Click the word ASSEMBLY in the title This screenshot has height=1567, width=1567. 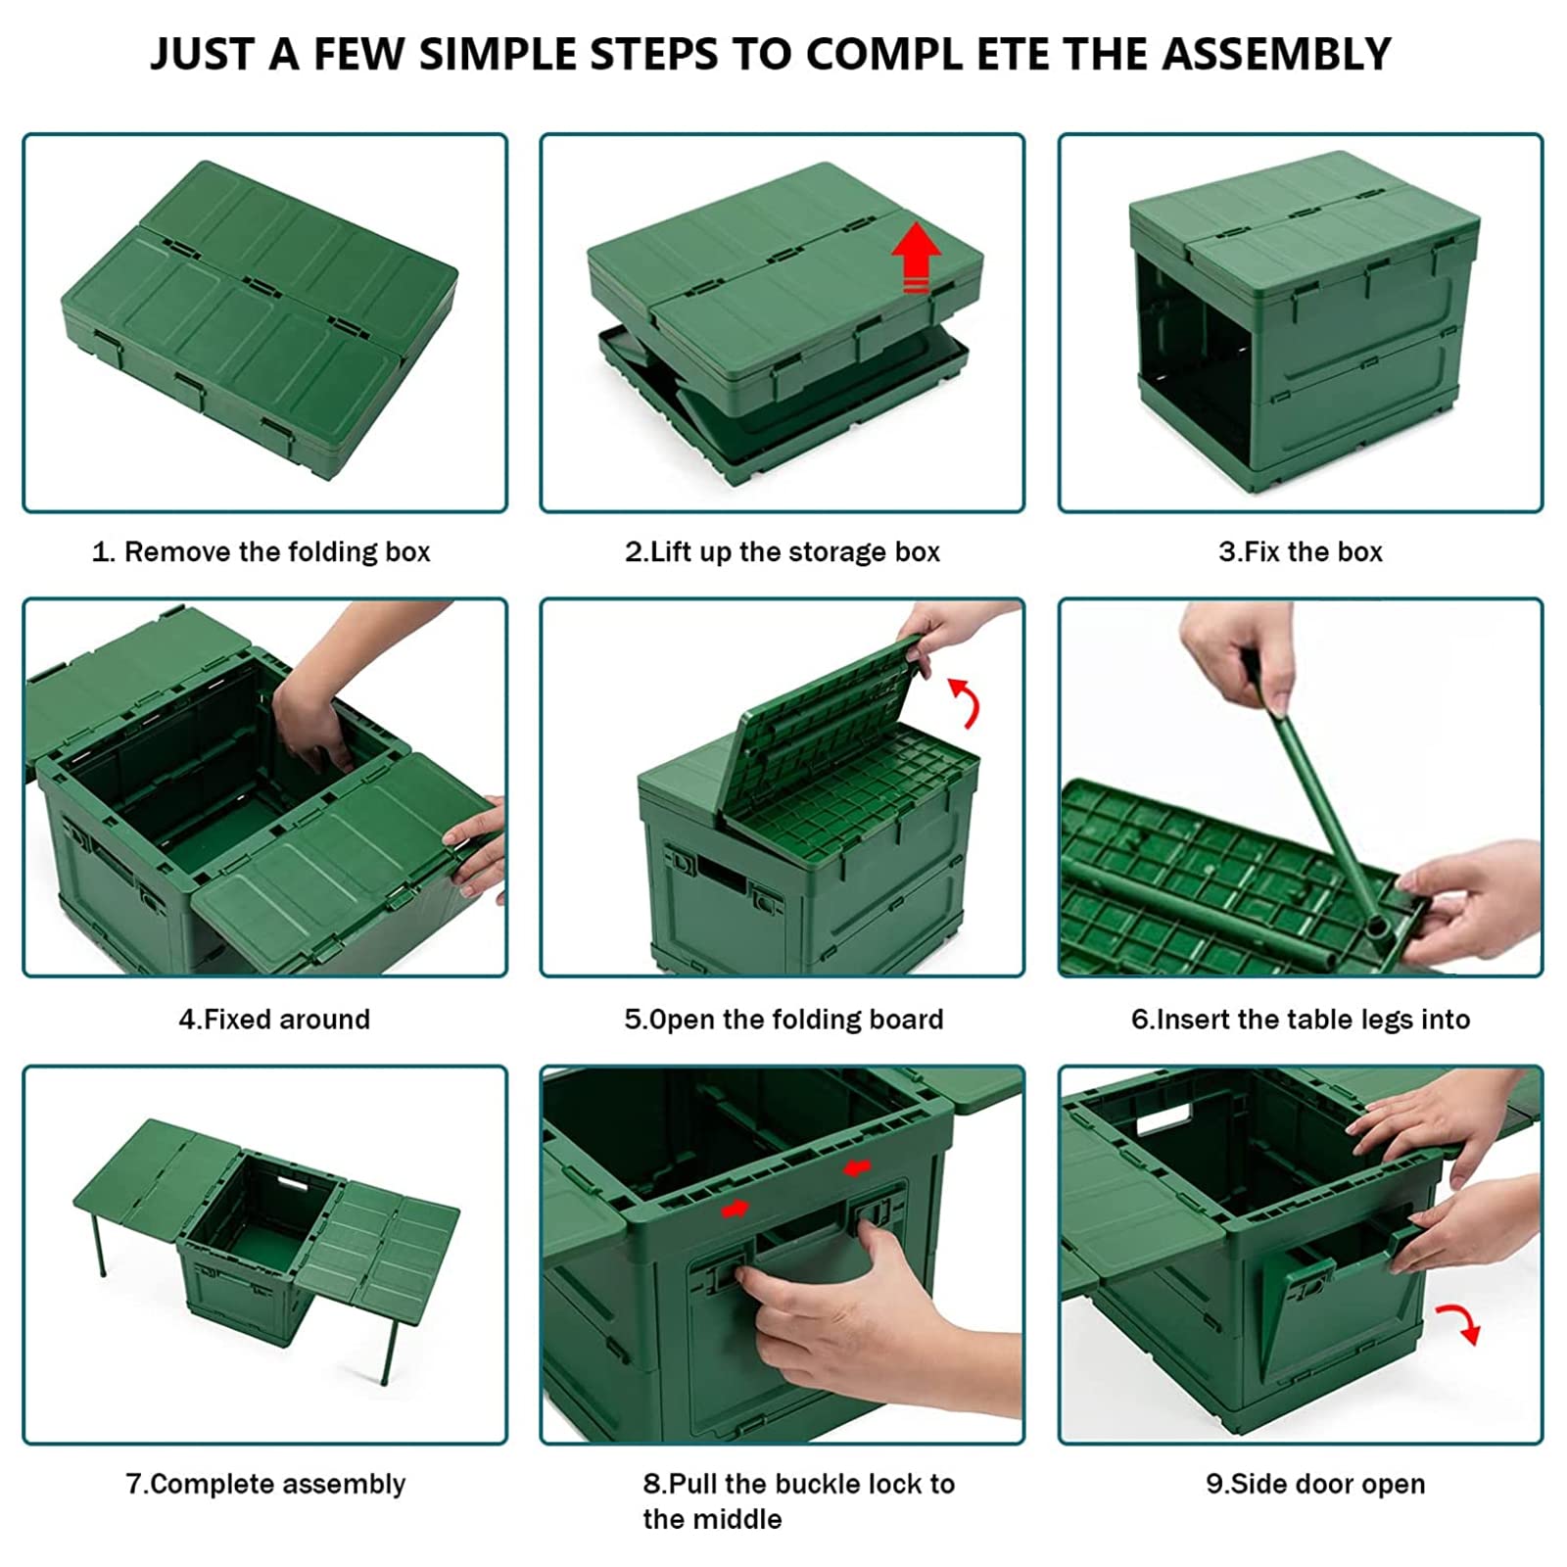pyautogui.click(x=1276, y=54)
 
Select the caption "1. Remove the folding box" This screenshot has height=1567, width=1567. pyautogui.click(x=261, y=552)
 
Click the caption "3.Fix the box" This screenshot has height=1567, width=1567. pyautogui.click(x=1301, y=552)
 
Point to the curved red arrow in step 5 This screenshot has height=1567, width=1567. pyautogui.click(x=967, y=702)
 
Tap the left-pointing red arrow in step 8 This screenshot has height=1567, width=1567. pyautogui.click(x=858, y=1168)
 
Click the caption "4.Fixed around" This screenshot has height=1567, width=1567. pyautogui.click(x=274, y=1020)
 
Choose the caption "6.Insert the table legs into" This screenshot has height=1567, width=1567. pyautogui.click(x=1301, y=1020)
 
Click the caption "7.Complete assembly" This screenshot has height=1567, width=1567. pyautogui.click(x=265, y=1484)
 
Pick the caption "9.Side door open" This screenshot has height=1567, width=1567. pyautogui.click(x=1315, y=1484)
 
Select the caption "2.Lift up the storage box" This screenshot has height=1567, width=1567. pyautogui.click(x=783, y=552)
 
